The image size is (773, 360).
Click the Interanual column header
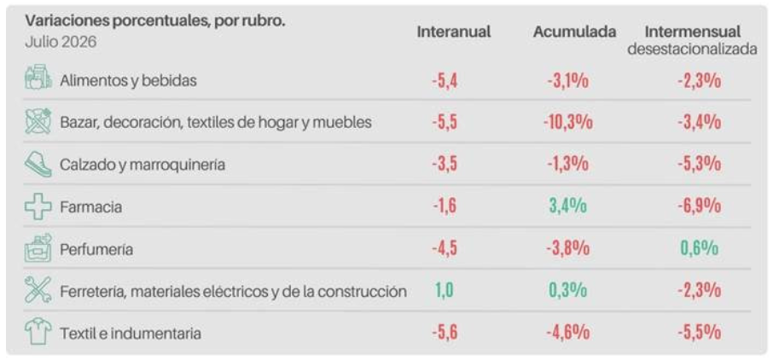454,32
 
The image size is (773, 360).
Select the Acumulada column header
574,32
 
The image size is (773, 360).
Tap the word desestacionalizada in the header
692,49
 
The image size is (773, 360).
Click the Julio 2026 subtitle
61,43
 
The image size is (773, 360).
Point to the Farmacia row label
90,207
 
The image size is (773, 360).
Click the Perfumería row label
96,250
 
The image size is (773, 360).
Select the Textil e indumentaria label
131,334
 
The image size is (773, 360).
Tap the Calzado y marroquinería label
142,165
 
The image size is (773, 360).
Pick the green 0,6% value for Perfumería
699,248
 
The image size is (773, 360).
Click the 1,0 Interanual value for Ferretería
444,290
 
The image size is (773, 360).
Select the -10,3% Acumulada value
568,122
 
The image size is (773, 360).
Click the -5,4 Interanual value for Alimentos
445,80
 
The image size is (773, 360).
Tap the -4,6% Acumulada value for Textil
568,333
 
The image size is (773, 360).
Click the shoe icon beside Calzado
38,165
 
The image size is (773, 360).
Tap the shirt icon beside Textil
38,333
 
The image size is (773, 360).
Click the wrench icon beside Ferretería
38,290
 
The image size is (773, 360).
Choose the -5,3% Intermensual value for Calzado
699,164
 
